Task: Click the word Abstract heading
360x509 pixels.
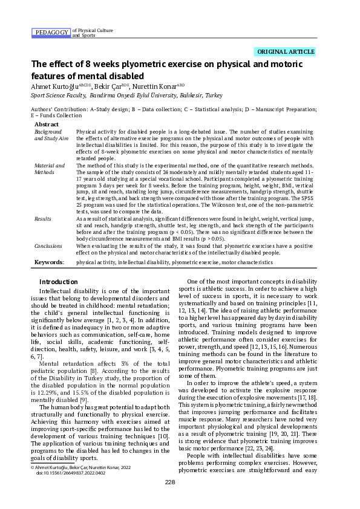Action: [47, 123]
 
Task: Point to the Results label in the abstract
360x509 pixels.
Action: [43, 218]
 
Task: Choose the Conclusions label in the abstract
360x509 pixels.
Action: [48, 247]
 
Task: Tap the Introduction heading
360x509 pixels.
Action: [58, 282]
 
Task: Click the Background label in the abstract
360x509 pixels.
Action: [48, 131]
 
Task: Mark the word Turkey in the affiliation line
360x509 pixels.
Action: [214, 96]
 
